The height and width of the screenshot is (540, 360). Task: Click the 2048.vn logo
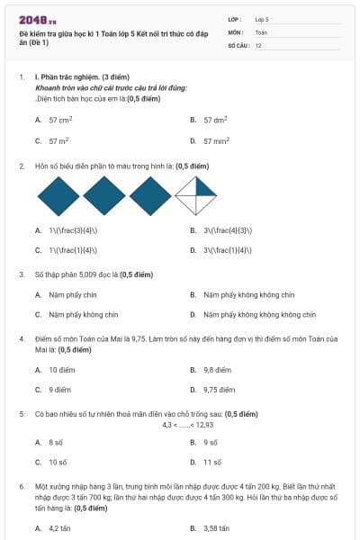click(37, 18)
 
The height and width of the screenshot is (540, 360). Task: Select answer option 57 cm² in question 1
click(60, 119)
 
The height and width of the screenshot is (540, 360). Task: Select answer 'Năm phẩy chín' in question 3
click(72, 294)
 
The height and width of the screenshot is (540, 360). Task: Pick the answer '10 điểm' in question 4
click(61, 370)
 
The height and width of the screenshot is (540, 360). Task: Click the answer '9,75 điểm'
click(219, 390)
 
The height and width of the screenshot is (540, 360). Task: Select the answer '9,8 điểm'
click(216, 370)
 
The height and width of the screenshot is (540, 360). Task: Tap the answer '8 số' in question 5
click(56, 443)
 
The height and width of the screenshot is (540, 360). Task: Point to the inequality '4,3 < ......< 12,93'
click(187, 424)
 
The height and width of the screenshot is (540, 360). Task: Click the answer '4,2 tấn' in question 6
click(59, 528)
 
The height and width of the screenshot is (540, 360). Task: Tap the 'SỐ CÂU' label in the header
click(238, 44)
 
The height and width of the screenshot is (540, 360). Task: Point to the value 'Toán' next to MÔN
click(261, 31)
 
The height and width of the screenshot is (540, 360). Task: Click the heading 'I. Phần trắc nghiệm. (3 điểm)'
click(82, 77)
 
